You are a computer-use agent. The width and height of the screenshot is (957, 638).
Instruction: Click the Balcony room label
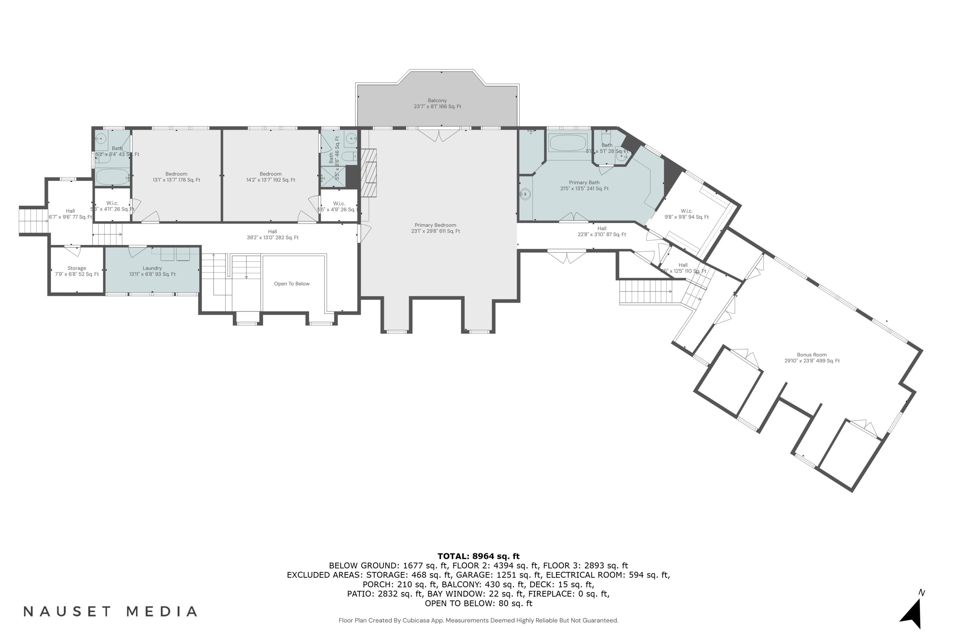pos(437,103)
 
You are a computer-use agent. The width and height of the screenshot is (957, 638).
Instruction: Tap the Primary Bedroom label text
pos(435,228)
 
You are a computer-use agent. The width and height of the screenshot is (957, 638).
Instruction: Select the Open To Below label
pos(292,284)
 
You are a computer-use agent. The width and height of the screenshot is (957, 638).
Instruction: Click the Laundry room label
pos(152,271)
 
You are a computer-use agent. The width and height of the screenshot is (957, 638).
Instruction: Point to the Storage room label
pos(77,271)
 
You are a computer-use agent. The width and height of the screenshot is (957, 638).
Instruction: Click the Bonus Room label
pos(812,358)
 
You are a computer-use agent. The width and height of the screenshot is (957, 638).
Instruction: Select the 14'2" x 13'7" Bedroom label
pos(271,177)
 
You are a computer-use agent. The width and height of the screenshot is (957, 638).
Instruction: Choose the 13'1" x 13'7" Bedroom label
pos(176,177)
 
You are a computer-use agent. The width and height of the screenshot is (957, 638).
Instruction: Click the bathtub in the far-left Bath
pos(112,177)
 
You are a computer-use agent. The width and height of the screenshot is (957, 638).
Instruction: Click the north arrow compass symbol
pos(912,614)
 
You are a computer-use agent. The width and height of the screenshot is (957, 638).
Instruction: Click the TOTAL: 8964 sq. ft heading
pos(478,556)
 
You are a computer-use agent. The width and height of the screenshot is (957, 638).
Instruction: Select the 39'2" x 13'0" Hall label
pos(273,234)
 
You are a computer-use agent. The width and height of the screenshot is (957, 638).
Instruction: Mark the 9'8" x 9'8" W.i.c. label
pos(686,214)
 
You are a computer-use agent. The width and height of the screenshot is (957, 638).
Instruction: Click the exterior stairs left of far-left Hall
pos(33,221)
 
